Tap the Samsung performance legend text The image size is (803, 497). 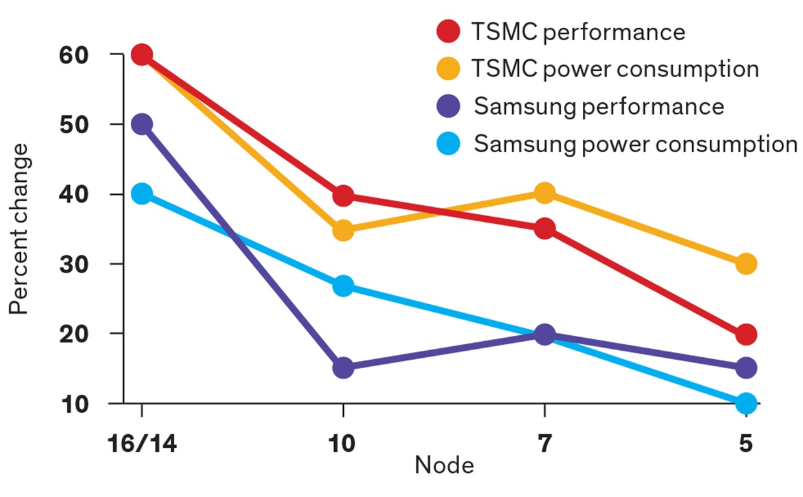click(598, 106)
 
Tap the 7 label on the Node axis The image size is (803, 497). click(544, 446)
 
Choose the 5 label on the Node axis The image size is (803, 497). click(746, 446)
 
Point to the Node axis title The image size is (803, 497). click(444, 465)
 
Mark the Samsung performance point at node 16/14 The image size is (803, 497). click(141, 124)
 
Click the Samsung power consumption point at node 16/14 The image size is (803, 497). click(141, 193)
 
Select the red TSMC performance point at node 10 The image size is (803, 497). click(343, 195)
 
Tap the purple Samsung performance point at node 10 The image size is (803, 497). click(343, 368)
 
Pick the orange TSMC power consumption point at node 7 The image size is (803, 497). click(545, 193)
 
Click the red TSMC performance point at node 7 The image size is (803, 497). click(545, 228)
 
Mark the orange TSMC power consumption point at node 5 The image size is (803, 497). click(746, 263)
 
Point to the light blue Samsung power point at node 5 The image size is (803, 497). click(746, 403)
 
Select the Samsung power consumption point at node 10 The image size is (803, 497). click(343, 286)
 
